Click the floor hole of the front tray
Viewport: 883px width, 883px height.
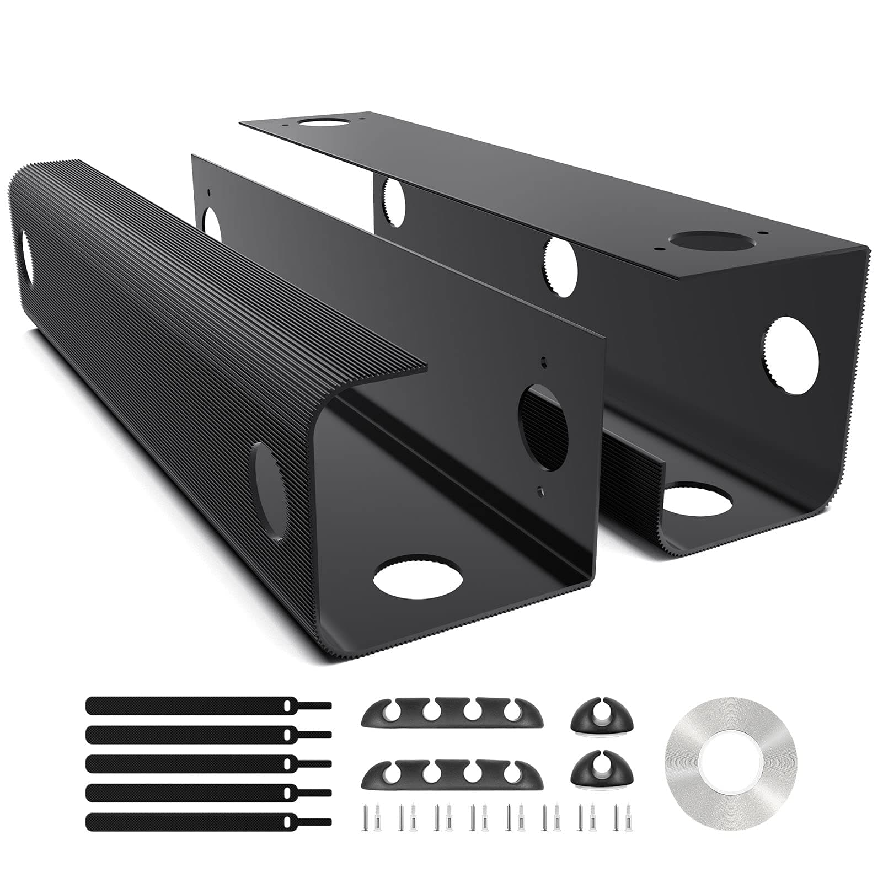418,576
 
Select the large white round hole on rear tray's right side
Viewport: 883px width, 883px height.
790,356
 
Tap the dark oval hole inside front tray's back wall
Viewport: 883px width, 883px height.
543,427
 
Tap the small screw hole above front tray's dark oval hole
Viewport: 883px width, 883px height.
544,362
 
